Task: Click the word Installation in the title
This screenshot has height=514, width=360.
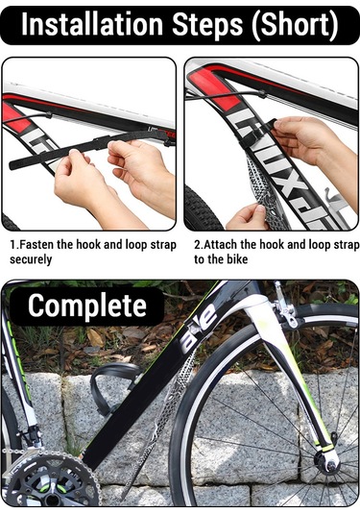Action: click(x=92, y=25)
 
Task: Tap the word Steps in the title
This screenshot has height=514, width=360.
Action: click(x=207, y=26)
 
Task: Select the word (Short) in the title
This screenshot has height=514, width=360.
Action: click(x=295, y=26)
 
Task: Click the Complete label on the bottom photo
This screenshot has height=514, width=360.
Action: click(x=86, y=306)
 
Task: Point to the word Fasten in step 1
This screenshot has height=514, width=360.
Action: click(x=37, y=245)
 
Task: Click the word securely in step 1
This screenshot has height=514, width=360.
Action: click(x=31, y=259)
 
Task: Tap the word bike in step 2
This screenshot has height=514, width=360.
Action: click(x=237, y=259)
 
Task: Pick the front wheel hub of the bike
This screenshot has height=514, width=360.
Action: click(x=329, y=463)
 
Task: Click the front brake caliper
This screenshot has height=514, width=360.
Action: click(x=286, y=308)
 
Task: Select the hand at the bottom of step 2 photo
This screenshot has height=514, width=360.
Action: click(x=249, y=217)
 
